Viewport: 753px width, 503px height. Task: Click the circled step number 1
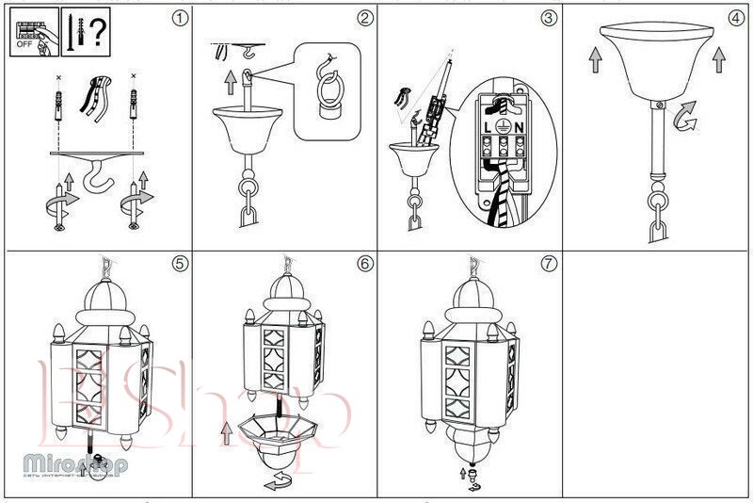pyautogui.click(x=180, y=18)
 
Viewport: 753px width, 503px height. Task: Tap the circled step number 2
pyautogui.click(x=364, y=18)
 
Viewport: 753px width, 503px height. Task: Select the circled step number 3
pyautogui.click(x=548, y=18)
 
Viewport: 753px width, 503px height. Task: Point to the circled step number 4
pyautogui.click(x=735, y=18)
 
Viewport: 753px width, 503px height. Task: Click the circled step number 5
pyautogui.click(x=180, y=264)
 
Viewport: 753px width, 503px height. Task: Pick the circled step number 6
pyautogui.click(x=364, y=264)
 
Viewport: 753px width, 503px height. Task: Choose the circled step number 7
pyautogui.click(x=548, y=264)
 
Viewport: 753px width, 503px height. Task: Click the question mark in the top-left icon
pyautogui.click(x=99, y=29)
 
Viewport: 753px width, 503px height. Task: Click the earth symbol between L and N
pyautogui.click(x=505, y=125)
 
